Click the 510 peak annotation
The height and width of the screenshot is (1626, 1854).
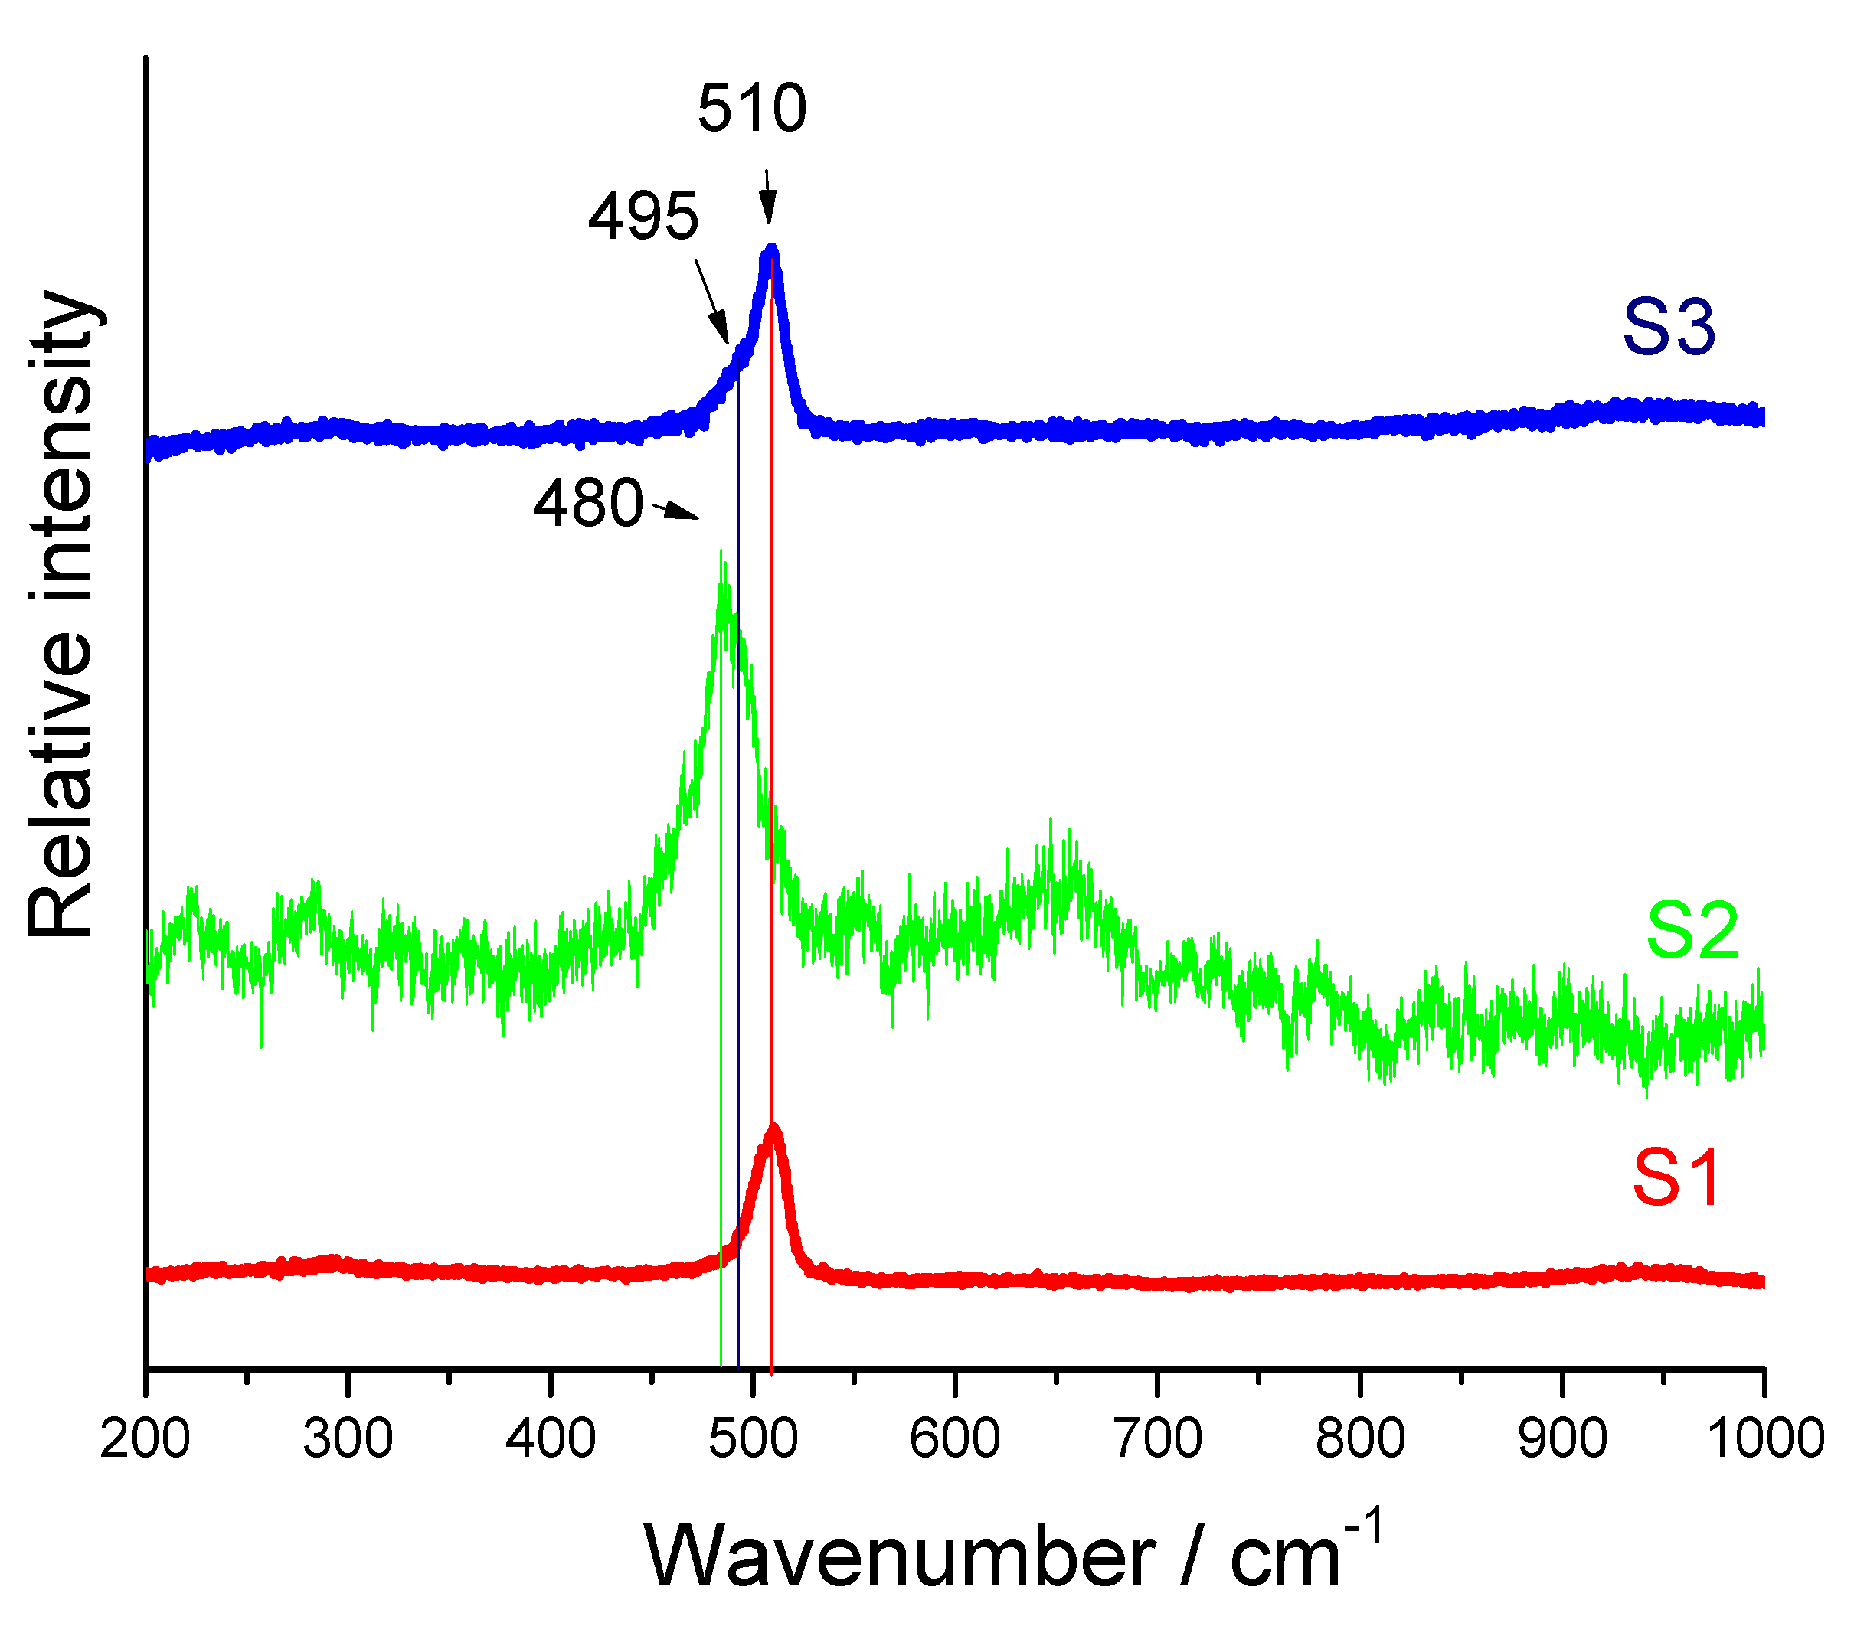point(751,108)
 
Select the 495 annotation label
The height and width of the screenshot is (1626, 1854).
point(643,217)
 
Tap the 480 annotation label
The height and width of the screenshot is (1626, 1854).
point(588,504)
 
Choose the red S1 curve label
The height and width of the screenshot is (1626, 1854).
point(1676,1178)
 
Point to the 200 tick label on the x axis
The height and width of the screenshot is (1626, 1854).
point(146,1439)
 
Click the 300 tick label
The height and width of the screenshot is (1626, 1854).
point(348,1439)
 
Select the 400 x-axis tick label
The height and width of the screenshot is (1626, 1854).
point(550,1439)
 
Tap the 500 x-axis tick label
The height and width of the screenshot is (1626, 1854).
point(752,1439)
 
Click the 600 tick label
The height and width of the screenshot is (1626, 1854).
point(954,1439)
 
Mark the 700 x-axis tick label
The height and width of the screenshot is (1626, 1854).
point(1157,1439)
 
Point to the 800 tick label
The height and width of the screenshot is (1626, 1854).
point(1359,1439)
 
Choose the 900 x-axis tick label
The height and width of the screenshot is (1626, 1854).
point(1562,1439)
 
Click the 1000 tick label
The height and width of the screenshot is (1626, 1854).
point(1764,1439)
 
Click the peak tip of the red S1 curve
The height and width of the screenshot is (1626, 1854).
point(773,1128)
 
